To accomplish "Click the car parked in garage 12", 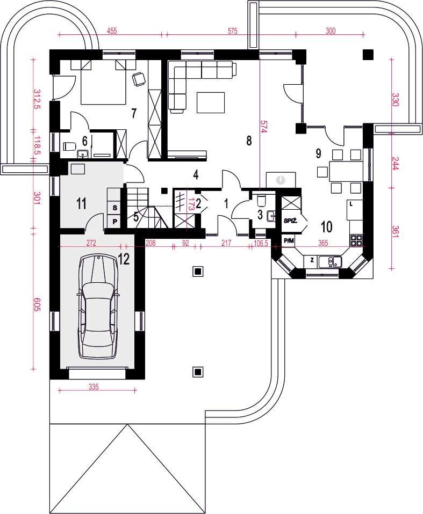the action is click(98, 306).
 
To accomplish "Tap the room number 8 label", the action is click(249, 141).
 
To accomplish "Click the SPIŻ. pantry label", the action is click(290, 221).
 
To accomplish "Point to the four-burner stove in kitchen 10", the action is click(356, 240).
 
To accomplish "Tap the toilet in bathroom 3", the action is click(262, 199).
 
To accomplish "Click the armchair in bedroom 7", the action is click(139, 79).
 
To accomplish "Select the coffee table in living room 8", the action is click(211, 102).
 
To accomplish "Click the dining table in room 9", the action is click(346, 171).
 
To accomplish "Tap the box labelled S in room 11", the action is click(114, 208).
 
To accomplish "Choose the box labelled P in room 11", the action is click(114, 221).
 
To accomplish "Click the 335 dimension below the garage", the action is click(94, 387).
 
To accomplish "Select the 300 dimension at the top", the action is click(331, 31).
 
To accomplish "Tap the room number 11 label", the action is click(82, 203).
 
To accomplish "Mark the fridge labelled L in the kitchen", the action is click(355, 210).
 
